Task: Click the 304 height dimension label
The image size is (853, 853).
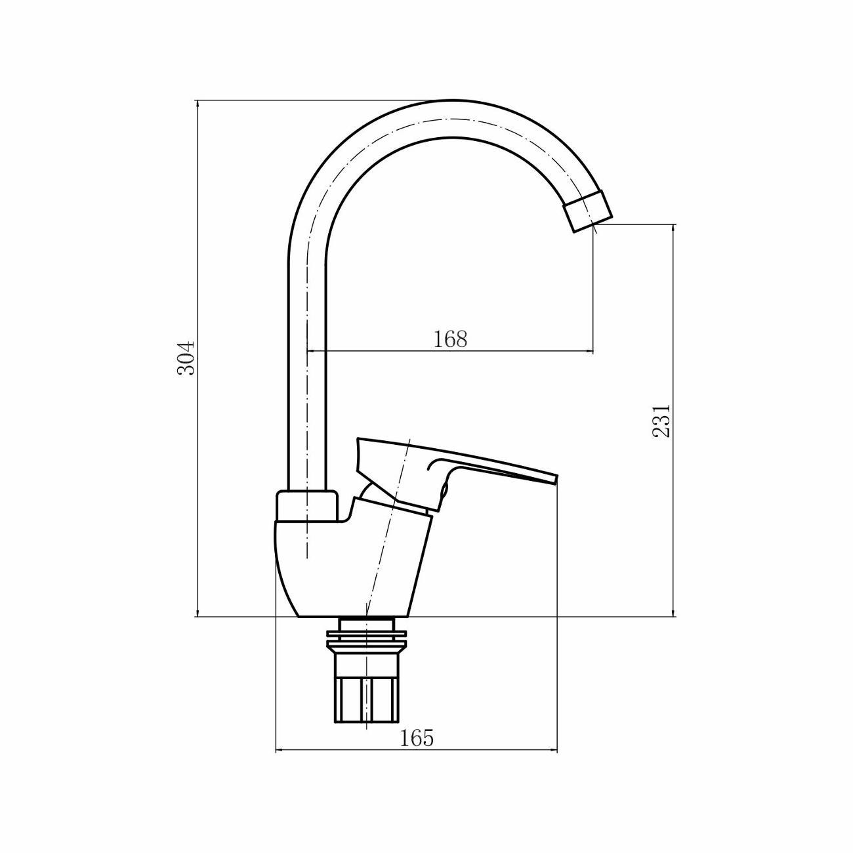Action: pyautogui.click(x=187, y=358)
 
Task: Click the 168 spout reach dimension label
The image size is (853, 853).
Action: pyautogui.click(x=450, y=339)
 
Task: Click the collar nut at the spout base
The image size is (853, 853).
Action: pyautogui.click(x=306, y=507)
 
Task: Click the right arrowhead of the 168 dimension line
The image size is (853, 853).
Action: pyautogui.click(x=590, y=352)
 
